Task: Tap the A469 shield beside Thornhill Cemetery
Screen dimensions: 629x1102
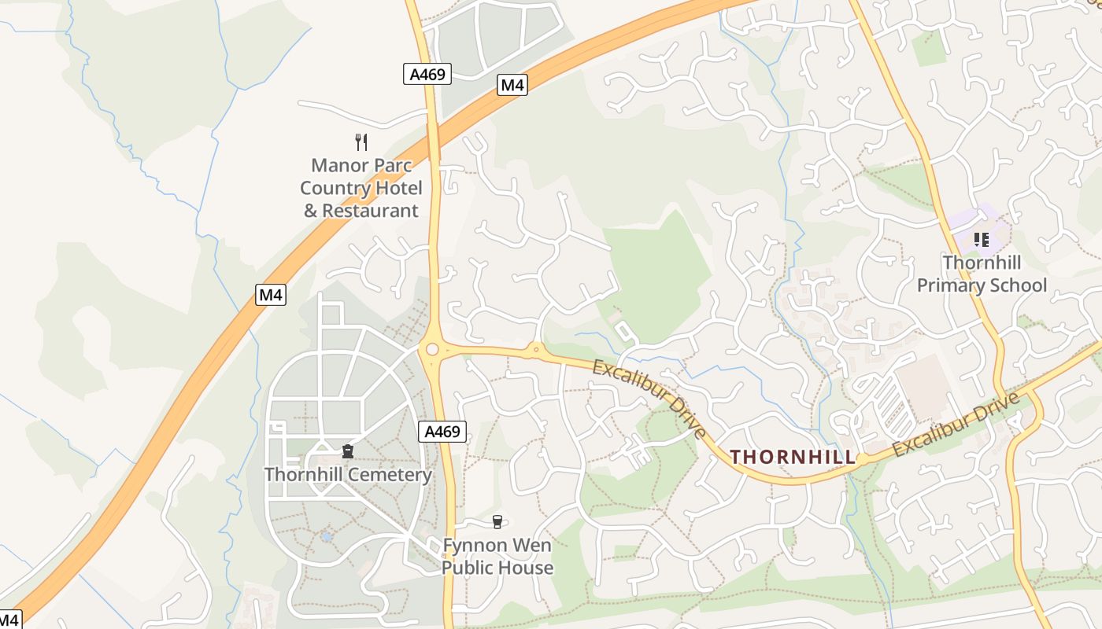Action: click(442, 431)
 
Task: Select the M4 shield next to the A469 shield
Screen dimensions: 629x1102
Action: click(512, 85)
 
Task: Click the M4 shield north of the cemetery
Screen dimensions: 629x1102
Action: click(271, 295)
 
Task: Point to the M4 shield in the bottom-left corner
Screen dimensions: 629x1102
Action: click(8, 620)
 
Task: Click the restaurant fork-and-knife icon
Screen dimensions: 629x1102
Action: click(361, 142)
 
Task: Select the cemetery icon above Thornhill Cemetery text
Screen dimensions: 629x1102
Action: click(347, 451)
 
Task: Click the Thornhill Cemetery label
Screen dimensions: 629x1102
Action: click(347, 475)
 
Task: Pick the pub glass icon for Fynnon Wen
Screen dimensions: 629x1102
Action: click(497, 521)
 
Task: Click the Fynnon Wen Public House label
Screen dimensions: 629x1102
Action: click(497, 556)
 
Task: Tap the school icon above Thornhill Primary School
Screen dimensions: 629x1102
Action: click(981, 239)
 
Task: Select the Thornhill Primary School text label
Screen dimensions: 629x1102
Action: click(982, 274)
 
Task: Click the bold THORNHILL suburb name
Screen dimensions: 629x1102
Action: click(793, 457)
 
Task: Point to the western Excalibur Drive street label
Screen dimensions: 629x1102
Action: click(650, 399)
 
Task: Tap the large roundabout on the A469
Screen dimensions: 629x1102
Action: click(431, 349)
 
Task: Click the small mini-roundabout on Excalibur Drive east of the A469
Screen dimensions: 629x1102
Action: click(536, 349)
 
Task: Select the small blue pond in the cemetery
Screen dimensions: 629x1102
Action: click(326, 537)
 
